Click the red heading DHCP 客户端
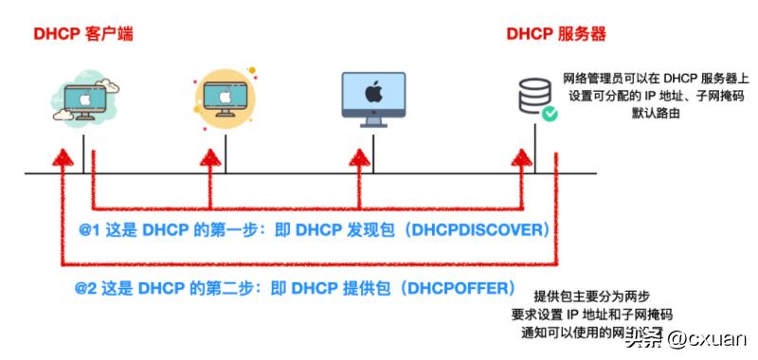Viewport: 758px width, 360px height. pos(83,35)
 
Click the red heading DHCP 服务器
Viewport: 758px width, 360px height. pos(556,35)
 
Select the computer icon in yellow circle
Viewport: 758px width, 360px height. pos(226,94)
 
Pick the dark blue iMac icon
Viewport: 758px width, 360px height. pos(373,97)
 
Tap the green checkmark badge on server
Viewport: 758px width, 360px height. pos(549,115)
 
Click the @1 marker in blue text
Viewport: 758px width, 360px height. pos(90,230)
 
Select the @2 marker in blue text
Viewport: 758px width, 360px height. pos(86,286)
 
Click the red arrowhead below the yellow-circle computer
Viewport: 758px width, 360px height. pos(210,156)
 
